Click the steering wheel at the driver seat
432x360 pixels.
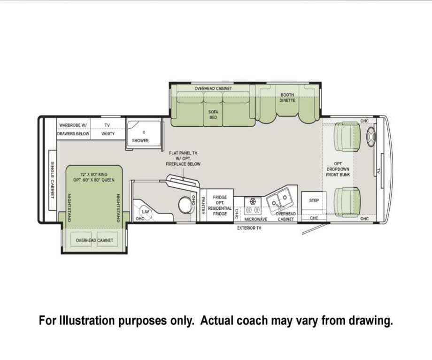371,137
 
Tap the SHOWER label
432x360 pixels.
140,140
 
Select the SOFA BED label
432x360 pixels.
213,115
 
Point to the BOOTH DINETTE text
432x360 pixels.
287,98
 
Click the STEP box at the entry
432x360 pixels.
314,200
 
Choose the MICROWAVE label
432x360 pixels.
255,219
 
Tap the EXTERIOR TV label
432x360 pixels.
249,228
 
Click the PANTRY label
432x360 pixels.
203,205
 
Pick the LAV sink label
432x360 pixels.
145,212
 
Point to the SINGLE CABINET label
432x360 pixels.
52,180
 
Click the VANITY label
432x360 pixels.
108,134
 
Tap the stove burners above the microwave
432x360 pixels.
253,206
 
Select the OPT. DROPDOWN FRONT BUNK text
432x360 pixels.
338,169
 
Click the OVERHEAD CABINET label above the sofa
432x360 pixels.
213,88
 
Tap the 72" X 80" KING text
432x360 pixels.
93,174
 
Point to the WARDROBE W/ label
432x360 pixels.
73,125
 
